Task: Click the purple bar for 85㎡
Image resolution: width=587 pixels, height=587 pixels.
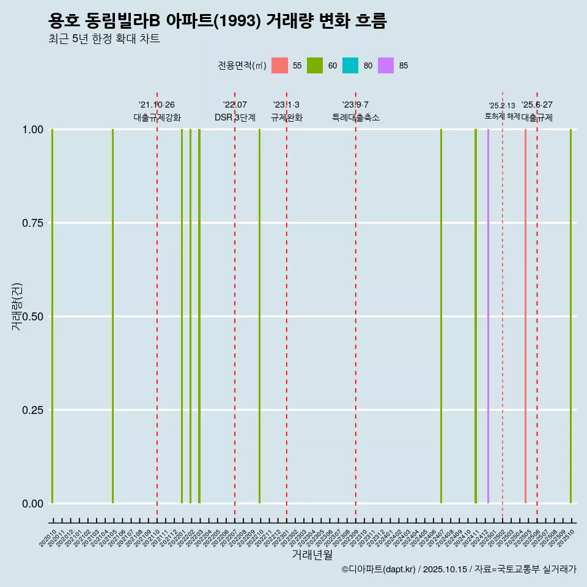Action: coord(488,316)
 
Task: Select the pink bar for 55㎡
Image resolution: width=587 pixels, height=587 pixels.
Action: coord(525,316)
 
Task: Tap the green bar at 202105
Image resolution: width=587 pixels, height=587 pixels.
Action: coord(113,316)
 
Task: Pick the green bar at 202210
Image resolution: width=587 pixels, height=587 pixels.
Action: coord(259,316)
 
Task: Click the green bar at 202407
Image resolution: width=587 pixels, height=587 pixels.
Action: coord(441,316)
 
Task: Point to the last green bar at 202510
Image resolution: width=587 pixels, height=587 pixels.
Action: coord(570,316)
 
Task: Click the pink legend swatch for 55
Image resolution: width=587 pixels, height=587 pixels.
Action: coord(279,65)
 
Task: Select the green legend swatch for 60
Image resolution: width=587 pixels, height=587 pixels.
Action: coord(315,65)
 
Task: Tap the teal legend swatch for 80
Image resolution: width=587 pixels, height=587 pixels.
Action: coord(350,65)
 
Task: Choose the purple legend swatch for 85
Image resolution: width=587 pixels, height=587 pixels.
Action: coord(386,65)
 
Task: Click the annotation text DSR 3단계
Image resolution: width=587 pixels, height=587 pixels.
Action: coord(235,117)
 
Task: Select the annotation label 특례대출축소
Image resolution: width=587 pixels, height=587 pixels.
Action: coord(356,117)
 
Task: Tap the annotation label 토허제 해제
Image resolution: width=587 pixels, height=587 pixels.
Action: coord(502,116)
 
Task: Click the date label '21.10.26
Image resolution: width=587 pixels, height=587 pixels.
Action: coord(157,105)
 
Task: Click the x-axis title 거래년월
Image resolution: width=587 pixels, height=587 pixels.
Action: coord(312,555)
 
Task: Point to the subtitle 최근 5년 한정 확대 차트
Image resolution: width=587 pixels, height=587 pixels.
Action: coord(104,39)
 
